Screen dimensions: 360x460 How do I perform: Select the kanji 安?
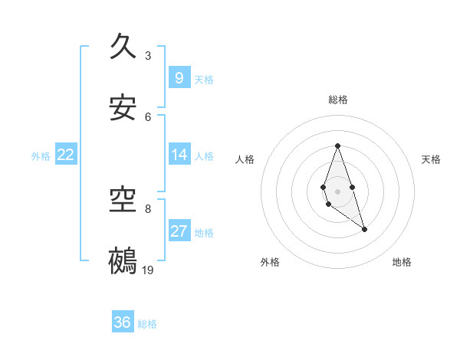click(124, 108)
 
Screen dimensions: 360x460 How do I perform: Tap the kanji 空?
click(124, 200)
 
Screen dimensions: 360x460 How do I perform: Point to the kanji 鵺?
click(124, 261)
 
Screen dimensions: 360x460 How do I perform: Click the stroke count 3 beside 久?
click(148, 55)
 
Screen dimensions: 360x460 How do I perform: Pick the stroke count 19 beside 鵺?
click(149, 270)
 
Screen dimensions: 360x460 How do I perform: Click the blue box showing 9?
click(179, 78)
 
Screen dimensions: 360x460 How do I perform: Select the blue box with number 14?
click(179, 155)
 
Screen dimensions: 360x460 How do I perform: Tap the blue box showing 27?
click(179, 231)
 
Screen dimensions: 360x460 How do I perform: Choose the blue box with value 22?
click(66, 155)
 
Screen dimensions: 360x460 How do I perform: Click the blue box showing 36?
click(123, 322)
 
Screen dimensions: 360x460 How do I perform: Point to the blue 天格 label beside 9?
click(204, 80)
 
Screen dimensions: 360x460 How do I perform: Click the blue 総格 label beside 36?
click(147, 324)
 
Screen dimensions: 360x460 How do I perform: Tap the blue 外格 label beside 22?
click(41, 156)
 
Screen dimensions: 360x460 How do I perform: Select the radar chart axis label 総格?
click(337, 100)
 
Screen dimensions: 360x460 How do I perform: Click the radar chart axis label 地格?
click(402, 262)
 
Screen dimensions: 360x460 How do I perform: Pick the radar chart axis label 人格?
click(245, 159)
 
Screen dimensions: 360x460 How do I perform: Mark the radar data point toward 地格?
click(365, 229)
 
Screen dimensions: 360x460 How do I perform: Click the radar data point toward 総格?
click(337, 146)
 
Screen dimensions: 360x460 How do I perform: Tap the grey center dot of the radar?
click(337, 190)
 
